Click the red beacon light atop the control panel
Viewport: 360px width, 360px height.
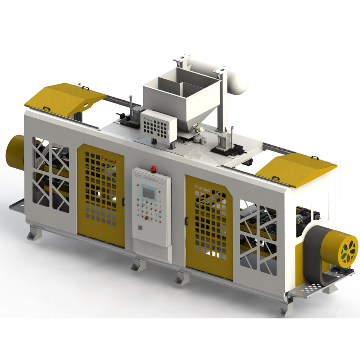coord(154,168)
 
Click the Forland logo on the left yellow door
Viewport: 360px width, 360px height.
coord(105,159)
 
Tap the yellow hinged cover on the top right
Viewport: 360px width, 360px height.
coord(296,170)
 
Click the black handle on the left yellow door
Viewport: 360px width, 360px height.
coord(123,201)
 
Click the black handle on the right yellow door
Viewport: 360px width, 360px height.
coord(186,221)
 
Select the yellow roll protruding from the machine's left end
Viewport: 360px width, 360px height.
coord(15,152)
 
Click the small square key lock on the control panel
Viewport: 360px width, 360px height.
coord(140,228)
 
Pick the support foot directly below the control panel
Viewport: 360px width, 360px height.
coord(137,264)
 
